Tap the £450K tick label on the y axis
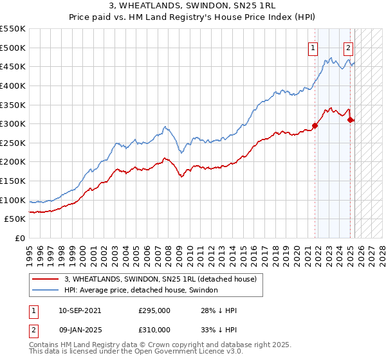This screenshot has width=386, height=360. click(x=13, y=67)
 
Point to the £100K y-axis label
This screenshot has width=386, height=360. click(x=13, y=200)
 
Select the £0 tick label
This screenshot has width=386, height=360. click(x=19, y=239)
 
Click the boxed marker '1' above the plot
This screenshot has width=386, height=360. click(x=313, y=47)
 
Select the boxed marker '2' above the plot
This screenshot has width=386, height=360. click(x=348, y=47)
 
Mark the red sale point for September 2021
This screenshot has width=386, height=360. click(x=315, y=126)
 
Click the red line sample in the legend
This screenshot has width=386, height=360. click(x=46, y=279)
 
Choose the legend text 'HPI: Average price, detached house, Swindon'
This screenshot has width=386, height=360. click(x=141, y=291)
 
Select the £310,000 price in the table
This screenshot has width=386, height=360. click(x=154, y=329)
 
